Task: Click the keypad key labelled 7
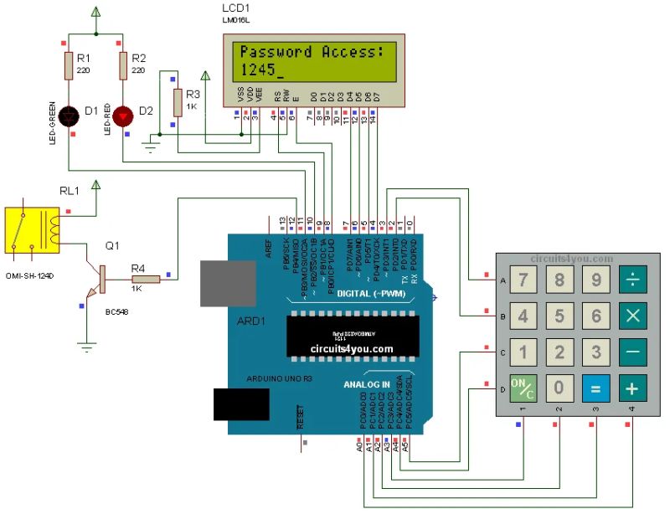click(522, 280)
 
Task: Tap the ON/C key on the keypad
click(522, 388)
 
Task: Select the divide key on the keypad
click(633, 280)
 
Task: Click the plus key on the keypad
click(633, 388)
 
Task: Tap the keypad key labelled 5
click(559, 316)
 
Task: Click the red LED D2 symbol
click(123, 112)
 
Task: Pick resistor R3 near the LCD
click(177, 103)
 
